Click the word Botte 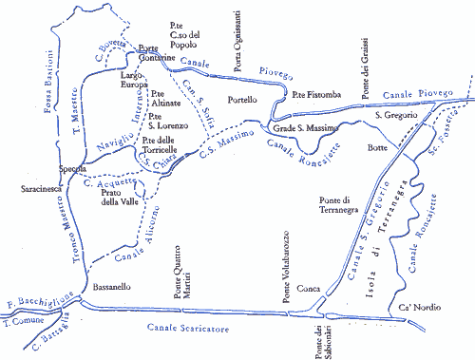pos(378,150)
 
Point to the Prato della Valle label pos(121,197)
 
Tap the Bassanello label pos(114,287)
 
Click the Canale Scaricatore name pos(190,328)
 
